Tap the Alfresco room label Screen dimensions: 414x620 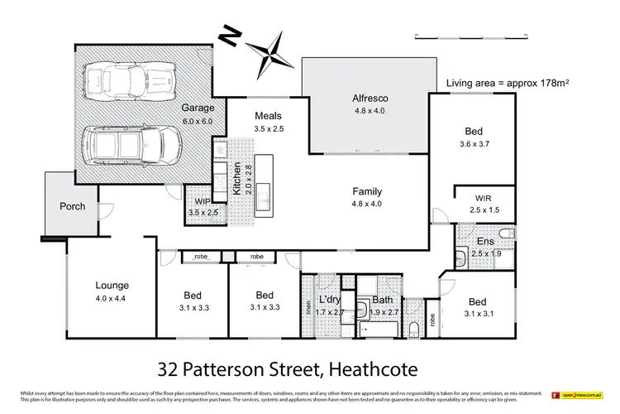pos(371,99)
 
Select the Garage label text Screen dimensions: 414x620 pos(199,108)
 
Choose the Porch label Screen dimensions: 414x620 pos(72,206)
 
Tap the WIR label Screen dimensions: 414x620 pos(484,199)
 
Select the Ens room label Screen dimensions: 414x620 pos(485,241)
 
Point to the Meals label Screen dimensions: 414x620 pos(269,115)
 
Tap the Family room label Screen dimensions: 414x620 pos(365,191)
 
